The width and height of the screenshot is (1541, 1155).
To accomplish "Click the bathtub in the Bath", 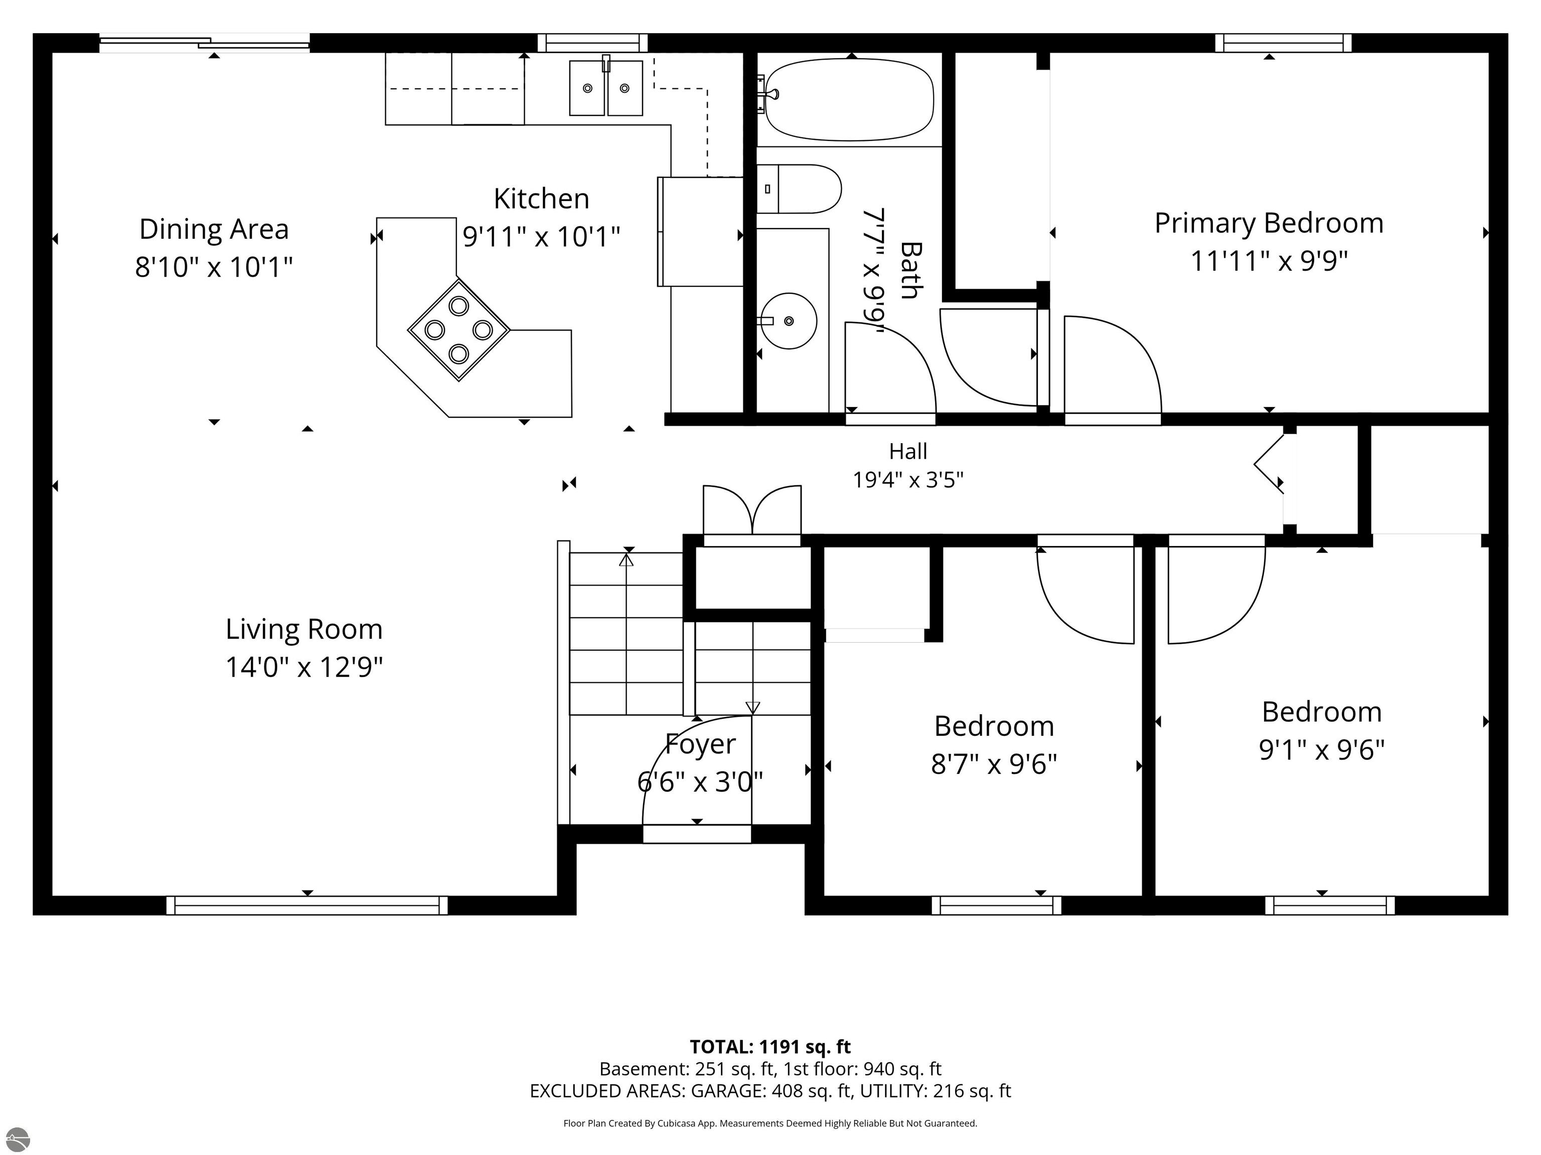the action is pos(849,99).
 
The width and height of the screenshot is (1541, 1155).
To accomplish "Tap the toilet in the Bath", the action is pos(799,188).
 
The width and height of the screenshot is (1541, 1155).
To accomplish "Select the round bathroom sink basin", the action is pos(788,321).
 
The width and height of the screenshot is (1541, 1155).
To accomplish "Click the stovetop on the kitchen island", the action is pos(458,329).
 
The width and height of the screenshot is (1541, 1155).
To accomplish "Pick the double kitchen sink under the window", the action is pos(606,88).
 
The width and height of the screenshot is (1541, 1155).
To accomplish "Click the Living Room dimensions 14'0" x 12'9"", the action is pos(304,667).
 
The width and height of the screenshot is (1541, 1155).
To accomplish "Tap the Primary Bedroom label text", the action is pos(1269,224).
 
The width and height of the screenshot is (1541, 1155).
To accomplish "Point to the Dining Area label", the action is pos(214,229).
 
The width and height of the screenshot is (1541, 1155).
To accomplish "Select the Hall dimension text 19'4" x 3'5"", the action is pos(908,480).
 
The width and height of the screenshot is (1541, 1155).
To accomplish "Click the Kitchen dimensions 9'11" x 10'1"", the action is pos(541,237).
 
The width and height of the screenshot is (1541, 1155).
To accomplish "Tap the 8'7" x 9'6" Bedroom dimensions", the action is pos(994,764).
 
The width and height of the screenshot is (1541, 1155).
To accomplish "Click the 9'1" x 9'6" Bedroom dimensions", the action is pos(1322,750).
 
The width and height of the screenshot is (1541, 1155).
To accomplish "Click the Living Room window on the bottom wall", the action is pos(307,905).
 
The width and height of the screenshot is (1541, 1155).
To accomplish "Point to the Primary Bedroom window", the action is pos(1283,43).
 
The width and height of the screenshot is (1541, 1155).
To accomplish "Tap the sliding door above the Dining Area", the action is pos(205,43).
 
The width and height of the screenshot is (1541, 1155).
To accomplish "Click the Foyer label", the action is pos(700,744).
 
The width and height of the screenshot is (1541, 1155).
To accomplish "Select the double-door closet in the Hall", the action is pos(752,516).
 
